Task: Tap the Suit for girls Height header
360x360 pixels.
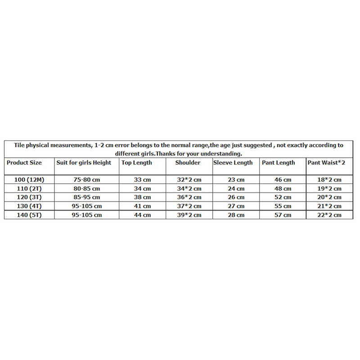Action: pos(84,162)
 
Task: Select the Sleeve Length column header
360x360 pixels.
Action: pos(233,162)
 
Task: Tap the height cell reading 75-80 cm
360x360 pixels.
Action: pos(86,180)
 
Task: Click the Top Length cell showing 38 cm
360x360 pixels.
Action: pos(142,198)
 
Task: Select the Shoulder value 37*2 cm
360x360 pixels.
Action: pos(189,207)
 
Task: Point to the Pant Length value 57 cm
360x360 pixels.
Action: pos(283,216)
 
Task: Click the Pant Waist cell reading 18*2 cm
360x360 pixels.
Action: pos(329,180)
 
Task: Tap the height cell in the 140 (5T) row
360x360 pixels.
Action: pos(86,216)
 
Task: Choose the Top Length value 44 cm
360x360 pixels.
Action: pos(142,216)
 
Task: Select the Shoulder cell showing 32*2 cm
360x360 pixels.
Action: pos(189,180)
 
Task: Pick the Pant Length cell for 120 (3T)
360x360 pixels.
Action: pos(283,198)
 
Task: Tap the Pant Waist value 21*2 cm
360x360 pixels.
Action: pos(329,207)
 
